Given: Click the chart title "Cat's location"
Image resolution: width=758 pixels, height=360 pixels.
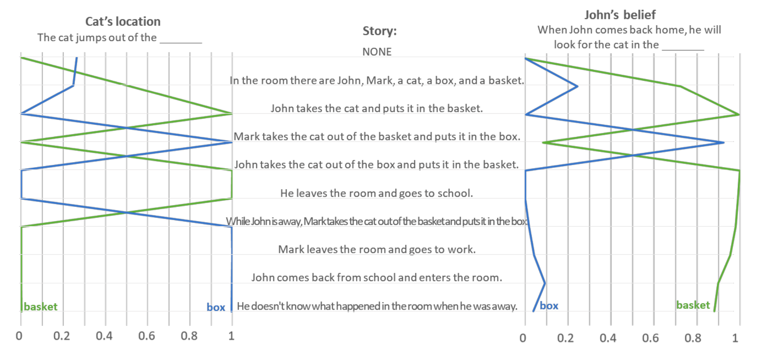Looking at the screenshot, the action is pos(123,22).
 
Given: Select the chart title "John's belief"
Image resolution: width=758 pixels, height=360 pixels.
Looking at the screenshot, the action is pos(620,15).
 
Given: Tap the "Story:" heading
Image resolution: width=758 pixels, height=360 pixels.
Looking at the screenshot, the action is pos(379,31).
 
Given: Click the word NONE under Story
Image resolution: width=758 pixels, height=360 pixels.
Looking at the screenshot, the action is pos(377,52).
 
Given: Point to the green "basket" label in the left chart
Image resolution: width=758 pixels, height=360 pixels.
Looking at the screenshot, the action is pos(41,307).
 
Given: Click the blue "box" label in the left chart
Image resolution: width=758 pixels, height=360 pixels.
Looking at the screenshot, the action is pos(216,307).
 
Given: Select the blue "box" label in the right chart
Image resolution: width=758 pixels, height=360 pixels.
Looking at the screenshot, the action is pos(549,306).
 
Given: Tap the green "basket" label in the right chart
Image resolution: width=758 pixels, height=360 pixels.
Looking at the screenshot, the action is pos(693,305).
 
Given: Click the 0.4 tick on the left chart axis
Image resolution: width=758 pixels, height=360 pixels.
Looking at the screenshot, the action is pos(104,336).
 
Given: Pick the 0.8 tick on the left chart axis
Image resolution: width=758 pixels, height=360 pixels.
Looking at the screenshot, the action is pos(189,336).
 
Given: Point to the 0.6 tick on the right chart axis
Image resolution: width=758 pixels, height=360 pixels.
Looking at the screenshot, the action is pos(650,338).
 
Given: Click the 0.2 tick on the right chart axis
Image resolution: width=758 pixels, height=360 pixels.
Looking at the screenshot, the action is pos(565,338).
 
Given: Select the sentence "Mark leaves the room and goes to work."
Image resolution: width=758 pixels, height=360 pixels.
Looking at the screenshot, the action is pos(377,249).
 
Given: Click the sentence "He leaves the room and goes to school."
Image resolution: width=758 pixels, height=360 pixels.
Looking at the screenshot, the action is pos(377,193).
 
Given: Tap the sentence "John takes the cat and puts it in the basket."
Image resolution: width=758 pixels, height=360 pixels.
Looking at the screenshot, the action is pos(377,108).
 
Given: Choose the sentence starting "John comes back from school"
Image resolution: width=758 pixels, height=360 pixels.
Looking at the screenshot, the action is pos(377,277).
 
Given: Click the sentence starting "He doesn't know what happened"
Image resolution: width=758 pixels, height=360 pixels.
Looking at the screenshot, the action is pos(377,306).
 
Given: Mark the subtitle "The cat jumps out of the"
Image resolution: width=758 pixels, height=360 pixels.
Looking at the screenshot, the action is pos(97,38).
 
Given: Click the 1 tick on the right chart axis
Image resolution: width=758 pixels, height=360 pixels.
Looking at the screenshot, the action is pos(735,338).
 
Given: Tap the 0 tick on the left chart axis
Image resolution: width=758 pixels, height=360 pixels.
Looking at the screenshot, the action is pos(19,336).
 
